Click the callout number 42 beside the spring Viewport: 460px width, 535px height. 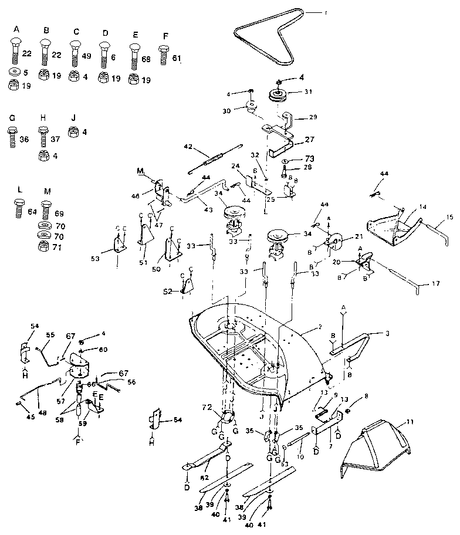[188, 147]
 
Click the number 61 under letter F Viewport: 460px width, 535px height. [177, 57]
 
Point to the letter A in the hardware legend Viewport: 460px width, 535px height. [16, 29]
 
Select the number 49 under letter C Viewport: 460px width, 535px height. [87, 56]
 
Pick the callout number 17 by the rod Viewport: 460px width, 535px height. [435, 285]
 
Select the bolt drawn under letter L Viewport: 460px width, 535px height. [19, 209]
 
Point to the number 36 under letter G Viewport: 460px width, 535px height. [25, 140]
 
